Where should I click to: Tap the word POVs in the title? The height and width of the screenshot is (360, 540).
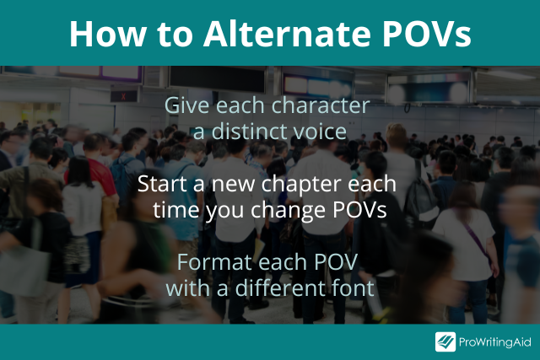coord(426,34)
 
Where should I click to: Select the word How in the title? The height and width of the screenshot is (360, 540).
coord(107,34)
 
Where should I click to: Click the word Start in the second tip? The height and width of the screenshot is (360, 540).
coord(163,184)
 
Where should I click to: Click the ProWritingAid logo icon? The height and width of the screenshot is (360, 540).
coord(445,341)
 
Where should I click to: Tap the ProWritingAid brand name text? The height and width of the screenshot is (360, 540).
coord(495,342)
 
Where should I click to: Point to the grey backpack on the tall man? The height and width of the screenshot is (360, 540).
coord(420,196)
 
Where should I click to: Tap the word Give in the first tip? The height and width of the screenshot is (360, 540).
coord(186,105)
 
